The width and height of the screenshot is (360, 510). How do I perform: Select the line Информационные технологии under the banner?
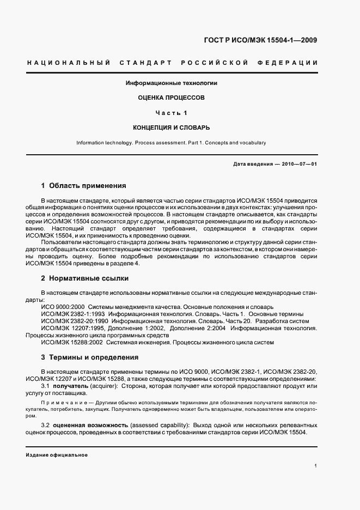tap(172, 83)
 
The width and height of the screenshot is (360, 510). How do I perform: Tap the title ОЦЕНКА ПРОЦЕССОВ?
tap(172, 98)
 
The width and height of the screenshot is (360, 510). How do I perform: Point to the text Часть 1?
tap(172, 113)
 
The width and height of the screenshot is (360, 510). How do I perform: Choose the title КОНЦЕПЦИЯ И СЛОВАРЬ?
tap(172, 127)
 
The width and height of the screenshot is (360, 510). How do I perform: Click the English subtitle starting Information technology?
tap(171, 143)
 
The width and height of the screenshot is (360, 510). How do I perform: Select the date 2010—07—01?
tap(299, 164)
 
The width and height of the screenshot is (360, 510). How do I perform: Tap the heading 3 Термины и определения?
tap(90, 357)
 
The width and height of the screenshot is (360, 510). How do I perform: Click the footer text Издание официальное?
tap(57, 454)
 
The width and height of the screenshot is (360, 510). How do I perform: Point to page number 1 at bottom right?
tap(316, 466)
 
